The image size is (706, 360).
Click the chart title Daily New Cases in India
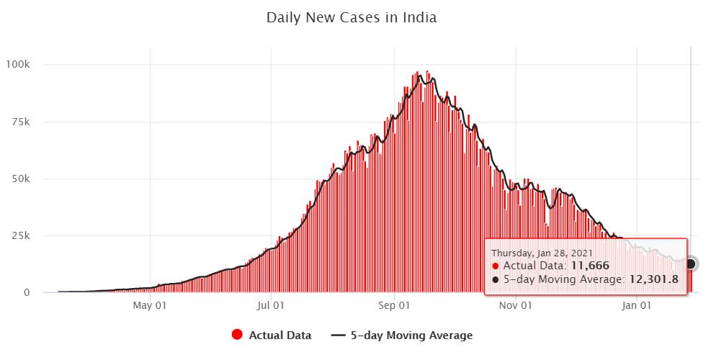352,17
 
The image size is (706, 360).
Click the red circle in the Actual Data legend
237,335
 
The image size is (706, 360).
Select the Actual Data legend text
280,335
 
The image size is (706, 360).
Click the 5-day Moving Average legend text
411,335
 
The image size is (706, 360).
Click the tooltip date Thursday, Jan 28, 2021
542,253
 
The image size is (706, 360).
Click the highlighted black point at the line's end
691,264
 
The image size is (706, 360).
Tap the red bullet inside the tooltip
495,266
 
